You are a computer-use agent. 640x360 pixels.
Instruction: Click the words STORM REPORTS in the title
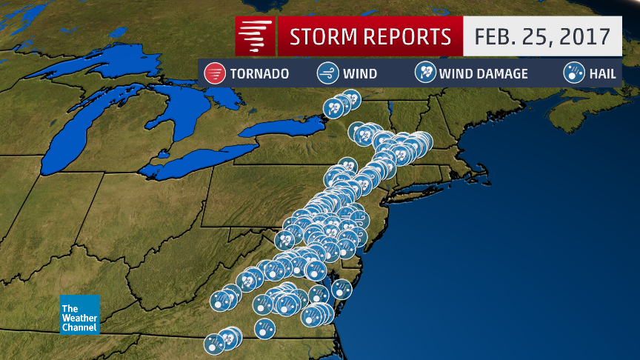370,36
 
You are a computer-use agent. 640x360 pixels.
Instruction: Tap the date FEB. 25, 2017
542,36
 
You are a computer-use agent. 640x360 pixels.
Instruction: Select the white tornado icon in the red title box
255,36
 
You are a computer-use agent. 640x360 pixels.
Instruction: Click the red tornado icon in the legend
215,73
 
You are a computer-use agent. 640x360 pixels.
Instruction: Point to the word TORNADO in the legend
259,74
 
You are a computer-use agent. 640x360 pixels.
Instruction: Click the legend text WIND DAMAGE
483,74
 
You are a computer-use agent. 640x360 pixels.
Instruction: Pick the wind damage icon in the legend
425,73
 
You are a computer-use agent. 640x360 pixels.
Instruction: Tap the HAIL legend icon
572,73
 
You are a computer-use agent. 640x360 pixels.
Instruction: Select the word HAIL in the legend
602,74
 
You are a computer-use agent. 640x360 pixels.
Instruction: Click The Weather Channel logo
79,313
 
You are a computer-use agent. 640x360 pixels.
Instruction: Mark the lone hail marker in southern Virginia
264,327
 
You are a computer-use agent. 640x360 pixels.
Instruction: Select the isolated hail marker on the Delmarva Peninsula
341,288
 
